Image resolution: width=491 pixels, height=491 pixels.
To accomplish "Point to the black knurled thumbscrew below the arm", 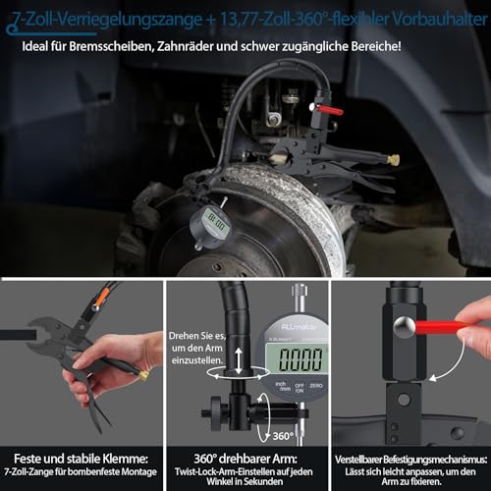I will pyautogui.click(x=215, y=408).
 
